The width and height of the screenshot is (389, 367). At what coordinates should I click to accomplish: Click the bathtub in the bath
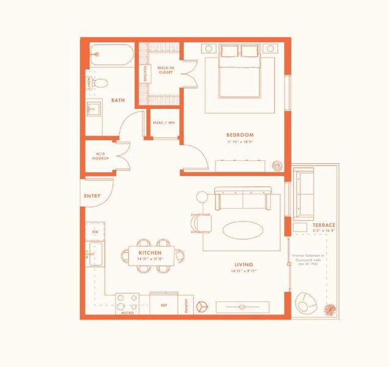112,55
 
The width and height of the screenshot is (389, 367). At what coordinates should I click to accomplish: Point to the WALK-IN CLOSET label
165,70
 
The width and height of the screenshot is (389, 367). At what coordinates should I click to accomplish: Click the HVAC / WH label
165,122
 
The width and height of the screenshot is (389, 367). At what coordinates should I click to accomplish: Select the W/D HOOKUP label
101,156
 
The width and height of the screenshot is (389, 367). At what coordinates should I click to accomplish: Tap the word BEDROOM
240,135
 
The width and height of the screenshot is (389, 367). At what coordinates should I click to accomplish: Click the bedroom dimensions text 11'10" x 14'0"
240,141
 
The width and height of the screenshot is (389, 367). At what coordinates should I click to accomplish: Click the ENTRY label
92,196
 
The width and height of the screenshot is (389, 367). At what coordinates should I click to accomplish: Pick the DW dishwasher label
95,232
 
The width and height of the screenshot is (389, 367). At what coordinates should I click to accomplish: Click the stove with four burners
128,302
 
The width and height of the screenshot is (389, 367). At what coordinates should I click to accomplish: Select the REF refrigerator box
164,303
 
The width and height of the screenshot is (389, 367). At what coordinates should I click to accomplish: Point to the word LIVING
243,265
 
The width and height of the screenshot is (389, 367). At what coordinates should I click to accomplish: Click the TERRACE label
324,225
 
